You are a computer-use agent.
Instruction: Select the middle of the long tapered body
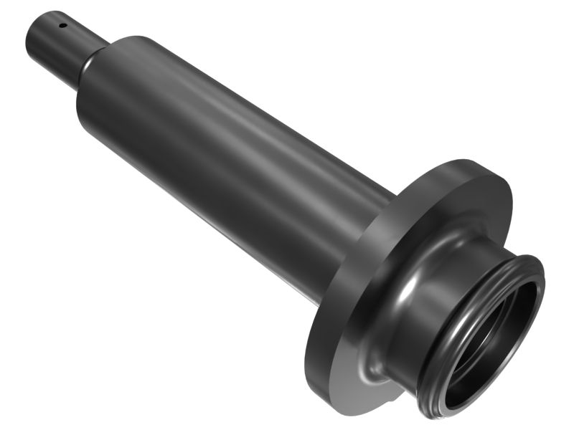[x=230, y=165]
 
